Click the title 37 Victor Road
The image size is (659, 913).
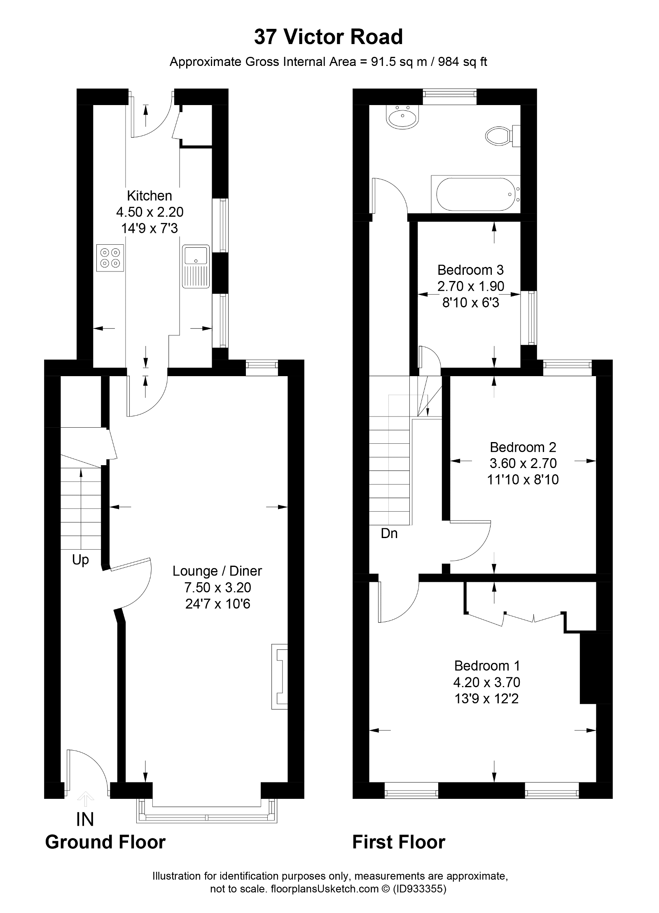pyautogui.click(x=328, y=37)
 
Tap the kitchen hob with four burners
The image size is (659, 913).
pyautogui.click(x=110, y=258)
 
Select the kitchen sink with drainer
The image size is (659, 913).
pyautogui.click(x=196, y=266)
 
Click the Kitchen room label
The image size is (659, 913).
pyautogui.click(x=149, y=195)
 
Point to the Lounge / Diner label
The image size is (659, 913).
pyautogui.click(x=217, y=571)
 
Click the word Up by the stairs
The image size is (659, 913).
pyautogui.click(x=80, y=560)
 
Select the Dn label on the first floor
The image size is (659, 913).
pyautogui.click(x=389, y=534)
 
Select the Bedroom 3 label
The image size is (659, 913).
pyautogui.click(x=470, y=270)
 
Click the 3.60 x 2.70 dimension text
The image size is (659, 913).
pyautogui.click(x=523, y=463)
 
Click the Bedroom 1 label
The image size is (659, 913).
pyautogui.click(x=487, y=665)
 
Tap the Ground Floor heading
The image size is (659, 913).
pyautogui.click(x=105, y=842)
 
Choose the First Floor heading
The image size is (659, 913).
pyautogui.click(x=399, y=842)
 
